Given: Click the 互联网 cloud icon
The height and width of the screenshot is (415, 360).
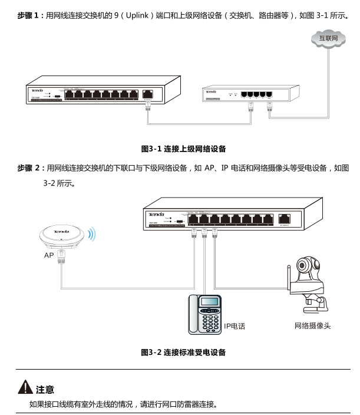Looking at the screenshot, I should [329, 39].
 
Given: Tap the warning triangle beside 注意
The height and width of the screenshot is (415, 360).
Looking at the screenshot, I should [25, 388].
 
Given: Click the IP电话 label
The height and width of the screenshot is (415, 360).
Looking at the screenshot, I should [234, 326].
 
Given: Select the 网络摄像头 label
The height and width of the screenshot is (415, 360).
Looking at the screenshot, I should [312, 325].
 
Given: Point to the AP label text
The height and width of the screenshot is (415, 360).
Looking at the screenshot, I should [49, 256].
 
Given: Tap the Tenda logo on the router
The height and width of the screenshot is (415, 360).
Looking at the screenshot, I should [212, 91].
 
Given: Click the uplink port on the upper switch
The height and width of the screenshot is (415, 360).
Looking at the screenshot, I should [148, 93].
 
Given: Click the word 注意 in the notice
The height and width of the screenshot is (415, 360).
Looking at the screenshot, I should [45, 389].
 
